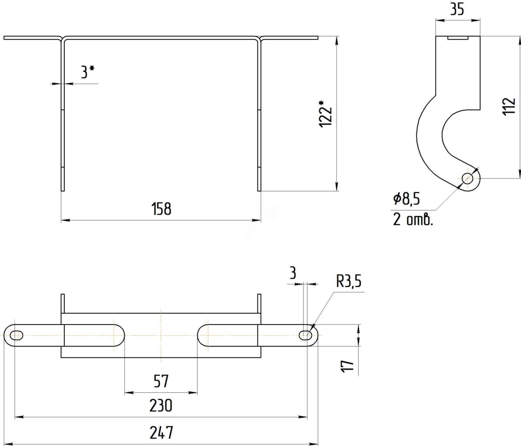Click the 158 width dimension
(162, 209)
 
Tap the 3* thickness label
(87, 72)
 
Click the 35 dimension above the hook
(457, 10)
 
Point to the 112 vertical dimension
(509, 107)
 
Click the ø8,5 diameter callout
(406, 199)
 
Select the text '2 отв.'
(413, 219)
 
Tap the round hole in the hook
(468, 179)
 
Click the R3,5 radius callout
(349, 281)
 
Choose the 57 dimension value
(161, 381)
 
